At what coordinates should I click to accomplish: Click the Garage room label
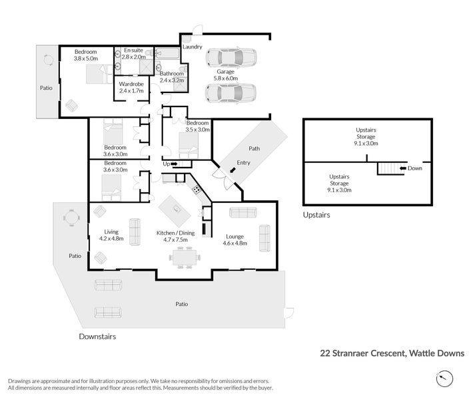(225, 72)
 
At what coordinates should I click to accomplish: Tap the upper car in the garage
(231, 57)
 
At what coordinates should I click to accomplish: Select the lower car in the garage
(231, 93)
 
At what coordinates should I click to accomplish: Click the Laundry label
(192, 47)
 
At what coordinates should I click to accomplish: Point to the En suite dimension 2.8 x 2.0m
(134, 57)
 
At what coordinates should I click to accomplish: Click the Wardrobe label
(131, 84)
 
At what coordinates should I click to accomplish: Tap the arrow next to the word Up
(174, 164)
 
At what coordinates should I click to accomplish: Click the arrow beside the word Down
(403, 168)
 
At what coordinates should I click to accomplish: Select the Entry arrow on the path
(233, 170)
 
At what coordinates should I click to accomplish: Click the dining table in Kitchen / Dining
(184, 257)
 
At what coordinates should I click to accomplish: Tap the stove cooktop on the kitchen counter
(197, 190)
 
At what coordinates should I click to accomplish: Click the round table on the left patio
(71, 217)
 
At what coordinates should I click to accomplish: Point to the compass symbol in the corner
(445, 378)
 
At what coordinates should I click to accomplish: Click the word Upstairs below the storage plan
(316, 215)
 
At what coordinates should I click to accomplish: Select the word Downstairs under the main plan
(97, 336)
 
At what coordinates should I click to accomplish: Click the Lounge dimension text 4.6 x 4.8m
(235, 243)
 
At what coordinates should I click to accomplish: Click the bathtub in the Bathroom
(167, 54)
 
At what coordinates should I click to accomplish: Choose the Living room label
(111, 231)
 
